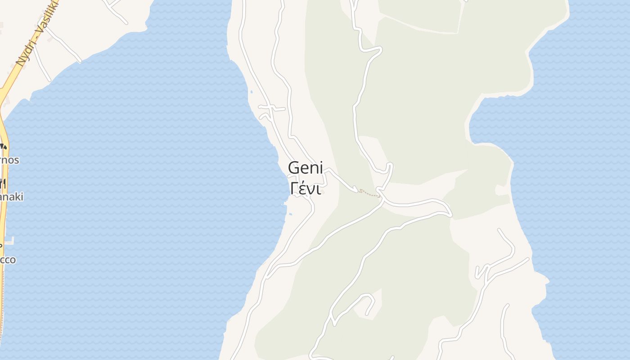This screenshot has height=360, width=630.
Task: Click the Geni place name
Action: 306,168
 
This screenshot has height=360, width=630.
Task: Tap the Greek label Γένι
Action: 306,189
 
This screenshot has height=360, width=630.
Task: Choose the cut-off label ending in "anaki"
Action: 12,197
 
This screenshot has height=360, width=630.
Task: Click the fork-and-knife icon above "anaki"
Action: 3,183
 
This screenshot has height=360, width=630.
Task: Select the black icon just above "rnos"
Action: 3,146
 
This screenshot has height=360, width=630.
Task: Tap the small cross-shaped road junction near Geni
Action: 270,108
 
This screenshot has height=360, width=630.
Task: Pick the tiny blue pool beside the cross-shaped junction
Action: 251,92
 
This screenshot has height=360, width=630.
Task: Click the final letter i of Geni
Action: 321,168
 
